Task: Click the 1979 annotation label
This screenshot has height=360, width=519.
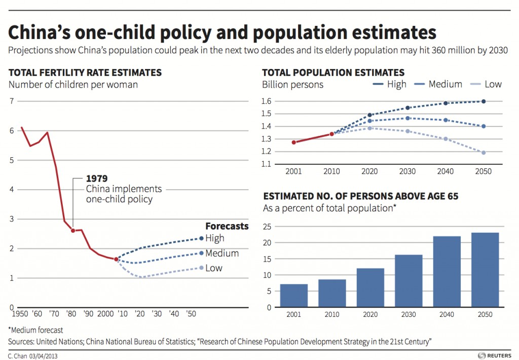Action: click(97, 179)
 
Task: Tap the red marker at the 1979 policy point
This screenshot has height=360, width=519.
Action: click(73, 231)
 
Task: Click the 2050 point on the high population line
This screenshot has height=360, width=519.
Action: click(484, 101)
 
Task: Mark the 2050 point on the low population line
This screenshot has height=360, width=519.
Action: click(484, 153)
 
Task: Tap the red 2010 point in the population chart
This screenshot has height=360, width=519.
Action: click(331, 134)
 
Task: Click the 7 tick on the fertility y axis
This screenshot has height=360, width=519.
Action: click(11, 101)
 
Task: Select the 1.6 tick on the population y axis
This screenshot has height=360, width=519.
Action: click(268, 101)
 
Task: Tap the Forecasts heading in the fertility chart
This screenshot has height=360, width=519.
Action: click(227, 226)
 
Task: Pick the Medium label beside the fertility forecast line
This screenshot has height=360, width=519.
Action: click(222, 253)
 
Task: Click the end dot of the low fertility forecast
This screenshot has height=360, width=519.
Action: click(201, 268)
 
